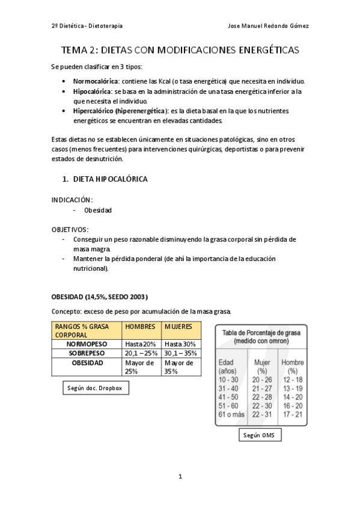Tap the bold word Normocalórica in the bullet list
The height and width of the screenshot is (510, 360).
[97, 81]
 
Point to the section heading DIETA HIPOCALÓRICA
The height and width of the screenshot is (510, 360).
[110, 179]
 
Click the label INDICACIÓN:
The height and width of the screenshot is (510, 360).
[72, 200]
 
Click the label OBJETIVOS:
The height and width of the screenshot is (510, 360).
[70, 229]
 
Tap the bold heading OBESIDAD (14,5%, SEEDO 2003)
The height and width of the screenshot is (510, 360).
[99, 297]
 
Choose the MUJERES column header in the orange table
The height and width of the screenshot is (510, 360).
[178, 327]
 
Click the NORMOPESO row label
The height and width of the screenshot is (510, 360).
[87, 343]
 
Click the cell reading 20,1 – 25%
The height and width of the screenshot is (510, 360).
[142, 353]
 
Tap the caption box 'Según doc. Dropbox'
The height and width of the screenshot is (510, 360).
[96, 389]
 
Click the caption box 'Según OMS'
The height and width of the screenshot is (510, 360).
[259, 435]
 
